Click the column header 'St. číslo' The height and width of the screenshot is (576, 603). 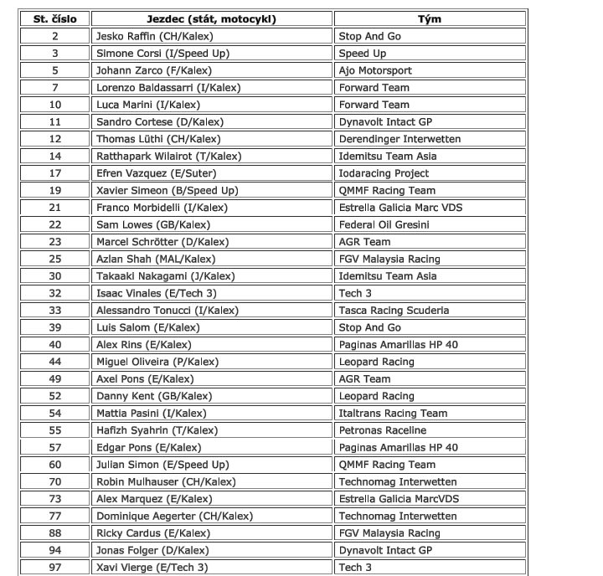[x=55, y=18]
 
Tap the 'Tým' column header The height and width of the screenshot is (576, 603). [x=430, y=18]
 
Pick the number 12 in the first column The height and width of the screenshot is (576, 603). [x=55, y=139]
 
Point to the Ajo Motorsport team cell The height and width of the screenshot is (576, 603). [x=375, y=70]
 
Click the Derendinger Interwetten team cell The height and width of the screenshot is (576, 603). [x=399, y=139]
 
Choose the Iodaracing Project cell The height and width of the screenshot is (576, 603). [x=384, y=173]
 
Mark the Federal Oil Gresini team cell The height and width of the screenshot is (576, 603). [x=384, y=224]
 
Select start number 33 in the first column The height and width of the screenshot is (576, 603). [x=55, y=310]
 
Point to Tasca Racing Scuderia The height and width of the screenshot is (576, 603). [x=394, y=310]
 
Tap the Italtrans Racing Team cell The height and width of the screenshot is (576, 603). [x=393, y=413]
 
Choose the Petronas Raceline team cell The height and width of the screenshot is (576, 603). [x=382, y=430]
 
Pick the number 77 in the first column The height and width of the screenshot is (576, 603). [x=55, y=516]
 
